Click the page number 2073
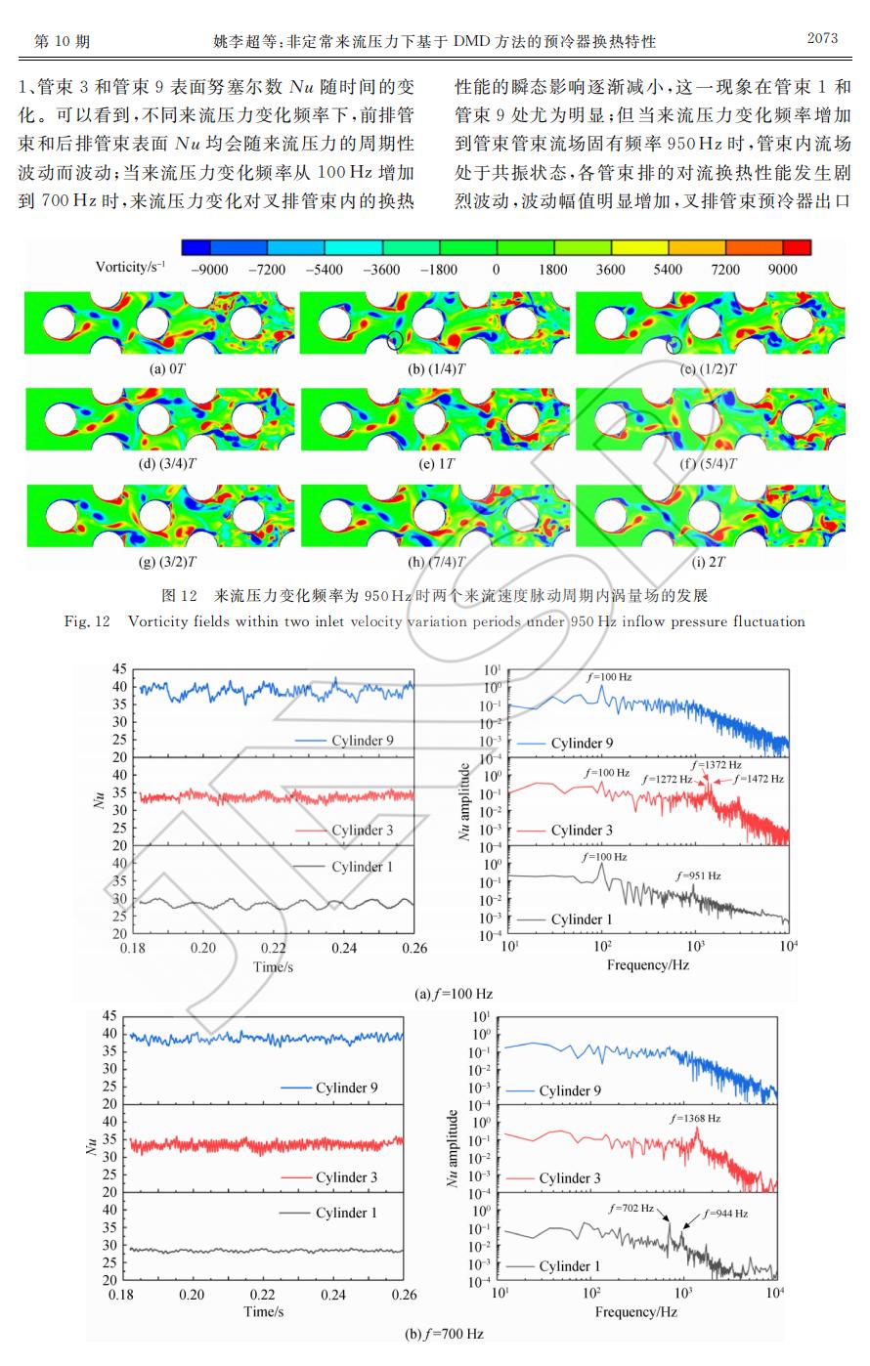coord(822,39)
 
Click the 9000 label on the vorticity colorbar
coord(783,269)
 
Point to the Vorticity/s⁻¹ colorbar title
coord(130,267)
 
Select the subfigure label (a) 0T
coord(158,369)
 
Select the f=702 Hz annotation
coord(631,1209)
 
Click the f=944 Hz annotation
coord(724,1213)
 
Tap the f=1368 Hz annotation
coord(695,1118)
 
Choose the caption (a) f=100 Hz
coord(454,994)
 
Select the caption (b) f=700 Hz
coord(444,1333)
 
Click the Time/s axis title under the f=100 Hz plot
coord(274,966)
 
